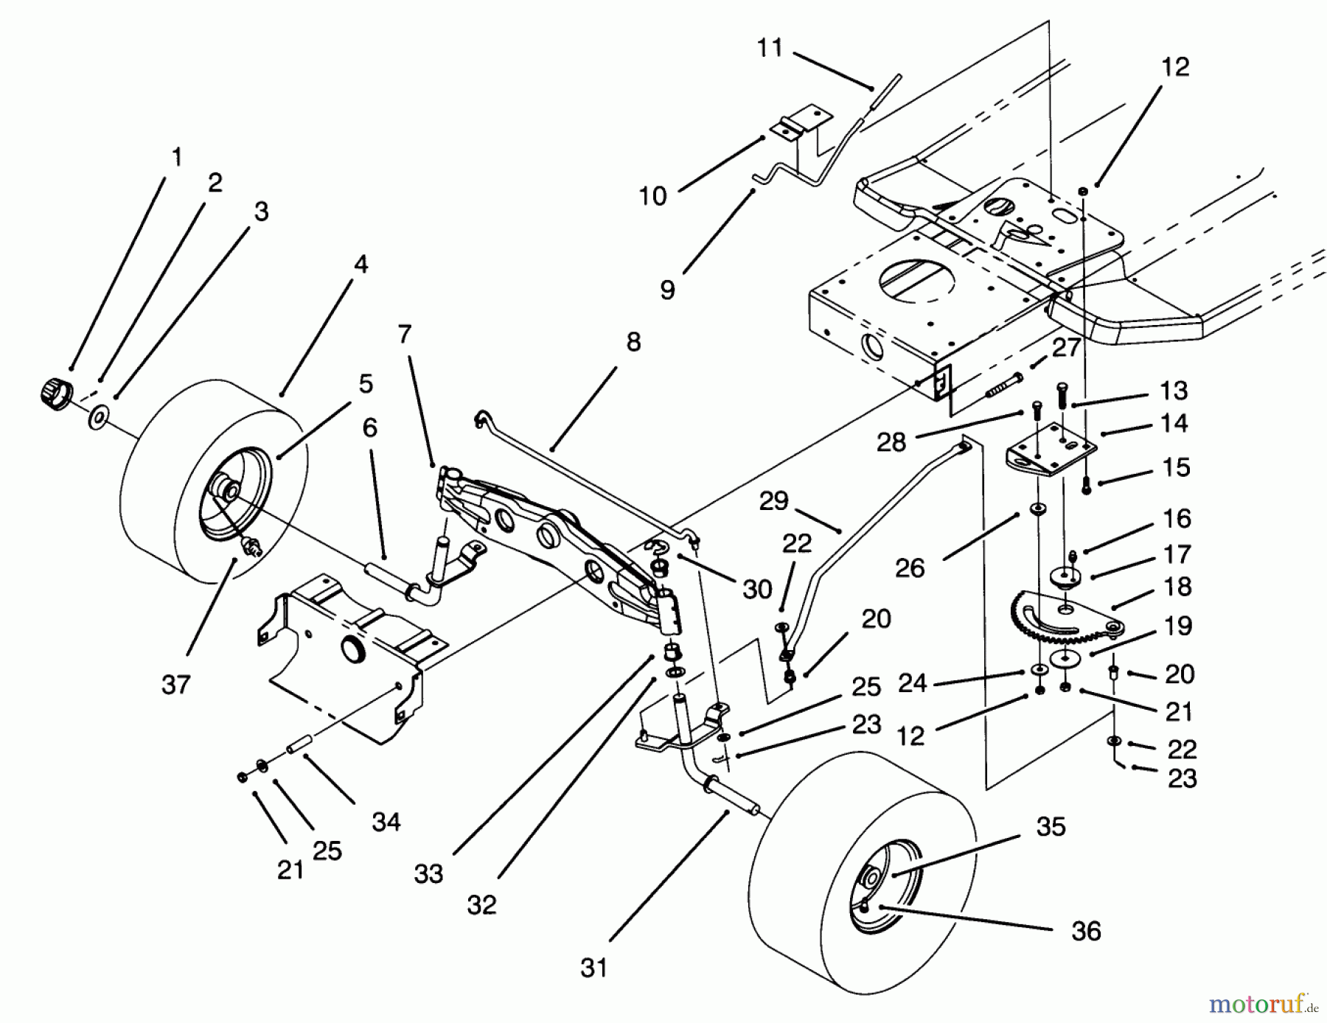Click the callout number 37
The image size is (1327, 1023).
click(175, 685)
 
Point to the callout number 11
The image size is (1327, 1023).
click(770, 49)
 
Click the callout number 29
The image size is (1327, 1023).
click(773, 501)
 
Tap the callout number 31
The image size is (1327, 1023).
click(593, 968)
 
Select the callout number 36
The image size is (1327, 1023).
click(1086, 931)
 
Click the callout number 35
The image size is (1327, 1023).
click(1051, 826)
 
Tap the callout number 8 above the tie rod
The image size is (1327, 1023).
click(633, 342)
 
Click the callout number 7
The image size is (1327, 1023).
click(403, 334)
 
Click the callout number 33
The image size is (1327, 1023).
click(428, 874)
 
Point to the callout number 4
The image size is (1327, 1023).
click(361, 264)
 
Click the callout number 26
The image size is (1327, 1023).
click(909, 568)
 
